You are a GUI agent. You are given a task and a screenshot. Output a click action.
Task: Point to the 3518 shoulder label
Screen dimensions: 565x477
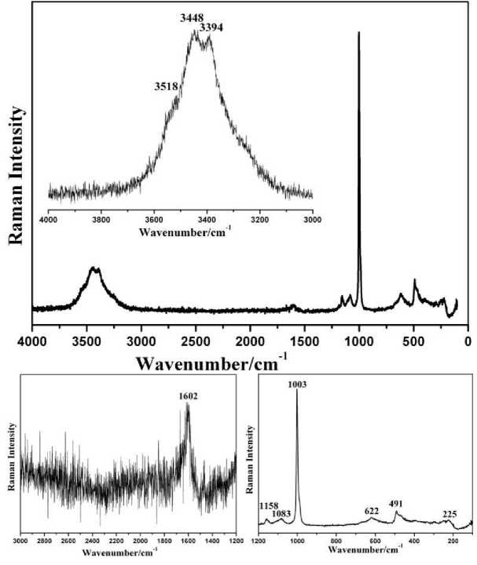pyautogui.click(x=167, y=86)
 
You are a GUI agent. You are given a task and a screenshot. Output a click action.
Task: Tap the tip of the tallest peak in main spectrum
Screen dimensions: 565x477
pyautogui.click(x=359, y=33)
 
